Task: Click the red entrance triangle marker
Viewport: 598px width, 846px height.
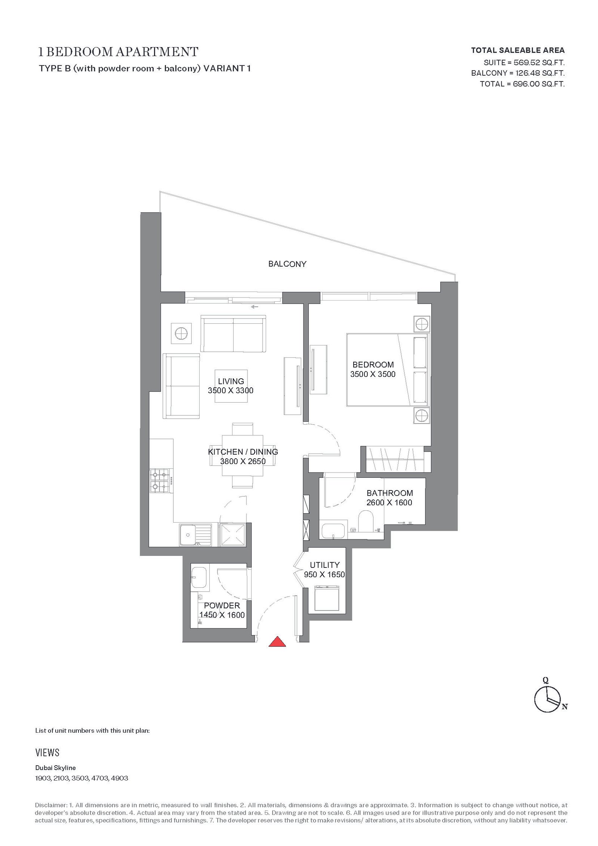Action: tap(277, 642)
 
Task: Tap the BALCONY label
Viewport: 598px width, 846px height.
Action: tap(287, 264)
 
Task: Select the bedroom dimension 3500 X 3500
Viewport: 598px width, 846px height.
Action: tap(373, 374)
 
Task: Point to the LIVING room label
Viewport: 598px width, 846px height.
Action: tap(231, 381)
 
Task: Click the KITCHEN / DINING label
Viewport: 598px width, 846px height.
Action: tap(243, 452)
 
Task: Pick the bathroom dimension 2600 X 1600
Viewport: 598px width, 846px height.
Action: tap(389, 502)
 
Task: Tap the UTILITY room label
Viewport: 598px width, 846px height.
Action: tap(325, 565)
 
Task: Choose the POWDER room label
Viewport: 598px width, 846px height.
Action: tap(222, 606)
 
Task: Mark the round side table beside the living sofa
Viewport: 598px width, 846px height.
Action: tap(181, 333)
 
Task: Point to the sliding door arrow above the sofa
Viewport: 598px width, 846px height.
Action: tap(255, 307)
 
